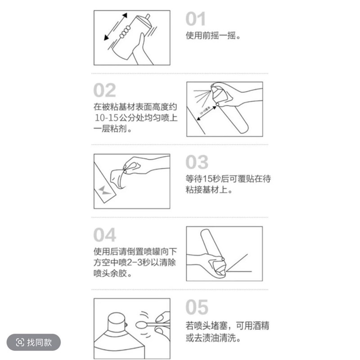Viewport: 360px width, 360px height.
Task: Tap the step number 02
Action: (x=104, y=90)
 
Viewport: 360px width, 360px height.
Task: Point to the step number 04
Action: (x=104, y=235)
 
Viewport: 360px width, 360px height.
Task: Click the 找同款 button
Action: (x=33, y=342)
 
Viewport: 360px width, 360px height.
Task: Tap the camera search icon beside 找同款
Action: (x=20, y=342)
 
